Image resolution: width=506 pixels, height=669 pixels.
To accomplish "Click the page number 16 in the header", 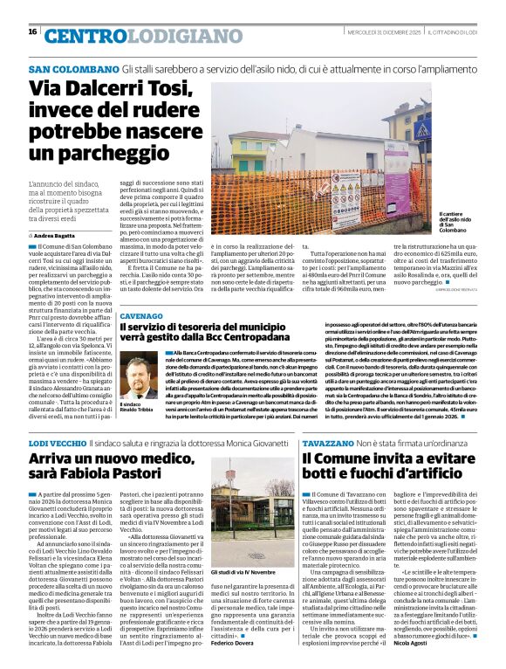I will point(33,31).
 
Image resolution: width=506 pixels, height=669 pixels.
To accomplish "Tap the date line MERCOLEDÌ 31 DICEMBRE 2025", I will point(380,32).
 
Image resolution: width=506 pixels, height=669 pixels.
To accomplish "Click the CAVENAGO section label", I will point(140,315).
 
